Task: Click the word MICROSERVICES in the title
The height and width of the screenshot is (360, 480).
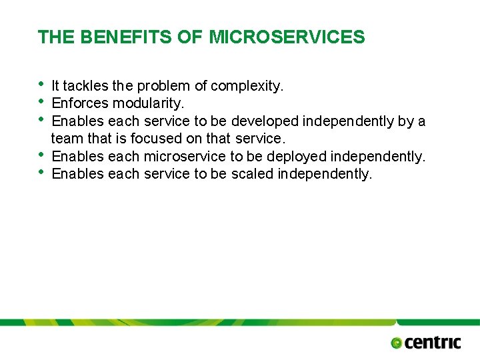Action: click(x=287, y=37)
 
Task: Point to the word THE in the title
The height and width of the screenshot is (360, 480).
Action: click(x=56, y=37)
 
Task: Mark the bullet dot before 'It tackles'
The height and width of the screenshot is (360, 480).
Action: click(x=41, y=84)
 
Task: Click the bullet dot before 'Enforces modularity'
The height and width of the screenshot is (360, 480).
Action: click(x=41, y=101)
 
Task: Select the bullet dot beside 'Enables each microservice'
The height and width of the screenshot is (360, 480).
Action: click(x=41, y=155)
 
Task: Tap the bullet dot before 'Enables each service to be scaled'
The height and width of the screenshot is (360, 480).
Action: click(x=41, y=172)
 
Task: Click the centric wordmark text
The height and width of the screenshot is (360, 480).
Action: click(x=433, y=343)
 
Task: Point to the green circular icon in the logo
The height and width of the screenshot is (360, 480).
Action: click(x=397, y=343)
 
